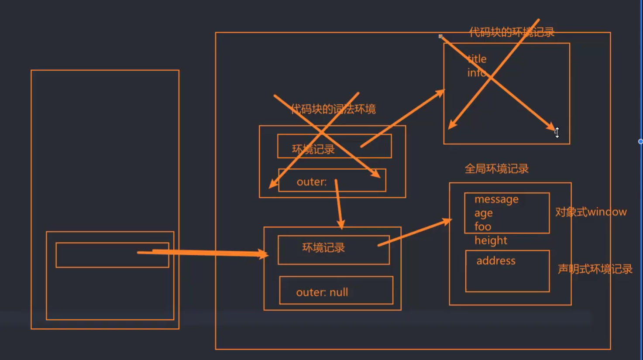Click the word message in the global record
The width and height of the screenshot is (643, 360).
(x=496, y=199)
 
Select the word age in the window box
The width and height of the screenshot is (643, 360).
(x=484, y=213)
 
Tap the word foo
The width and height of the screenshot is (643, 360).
(x=483, y=226)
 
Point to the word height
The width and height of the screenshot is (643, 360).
(x=491, y=240)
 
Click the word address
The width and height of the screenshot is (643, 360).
(x=496, y=261)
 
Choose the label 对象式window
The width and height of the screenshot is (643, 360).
(x=591, y=212)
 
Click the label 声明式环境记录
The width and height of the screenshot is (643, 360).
(x=595, y=269)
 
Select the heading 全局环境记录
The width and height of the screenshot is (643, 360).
(x=496, y=169)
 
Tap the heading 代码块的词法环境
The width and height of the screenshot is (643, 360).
(x=333, y=109)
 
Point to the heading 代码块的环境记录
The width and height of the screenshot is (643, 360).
(x=512, y=32)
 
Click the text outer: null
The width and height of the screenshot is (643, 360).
(x=322, y=292)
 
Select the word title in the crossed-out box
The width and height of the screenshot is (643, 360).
(x=477, y=59)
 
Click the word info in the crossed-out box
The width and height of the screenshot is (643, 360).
(x=476, y=73)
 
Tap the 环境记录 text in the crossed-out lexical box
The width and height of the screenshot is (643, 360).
(x=313, y=149)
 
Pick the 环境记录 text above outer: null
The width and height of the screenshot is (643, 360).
(x=323, y=248)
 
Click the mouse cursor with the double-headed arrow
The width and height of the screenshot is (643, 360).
(x=557, y=133)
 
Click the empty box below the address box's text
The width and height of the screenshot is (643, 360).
(x=507, y=279)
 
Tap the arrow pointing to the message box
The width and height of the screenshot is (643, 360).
(x=415, y=233)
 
